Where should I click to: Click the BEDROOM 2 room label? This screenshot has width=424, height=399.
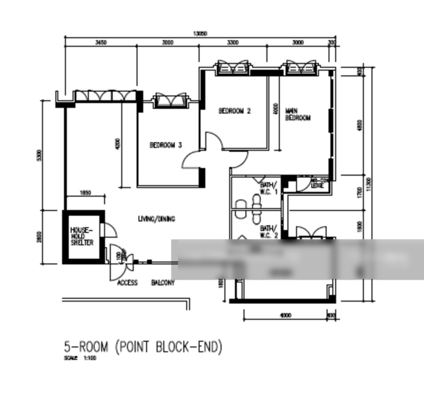point(234,111)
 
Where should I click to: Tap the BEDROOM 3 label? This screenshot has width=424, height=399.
point(165,145)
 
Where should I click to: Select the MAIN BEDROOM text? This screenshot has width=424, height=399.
point(297,114)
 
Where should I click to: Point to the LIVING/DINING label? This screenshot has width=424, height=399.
point(156,219)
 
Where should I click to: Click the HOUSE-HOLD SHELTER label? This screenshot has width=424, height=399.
point(82,236)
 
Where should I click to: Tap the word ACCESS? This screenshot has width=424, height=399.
point(127,283)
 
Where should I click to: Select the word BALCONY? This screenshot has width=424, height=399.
point(163,283)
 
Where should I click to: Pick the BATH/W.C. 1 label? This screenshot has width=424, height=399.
point(269,188)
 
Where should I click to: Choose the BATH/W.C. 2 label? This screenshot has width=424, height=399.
point(269,231)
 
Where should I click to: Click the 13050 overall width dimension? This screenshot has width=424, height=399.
point(200,33)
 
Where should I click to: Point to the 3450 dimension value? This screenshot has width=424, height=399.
point(101,43)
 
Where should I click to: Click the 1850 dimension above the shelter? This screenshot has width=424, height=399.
point(85,193)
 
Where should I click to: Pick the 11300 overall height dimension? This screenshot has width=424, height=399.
point(369,183)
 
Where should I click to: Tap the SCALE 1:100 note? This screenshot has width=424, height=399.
point(80,358)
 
